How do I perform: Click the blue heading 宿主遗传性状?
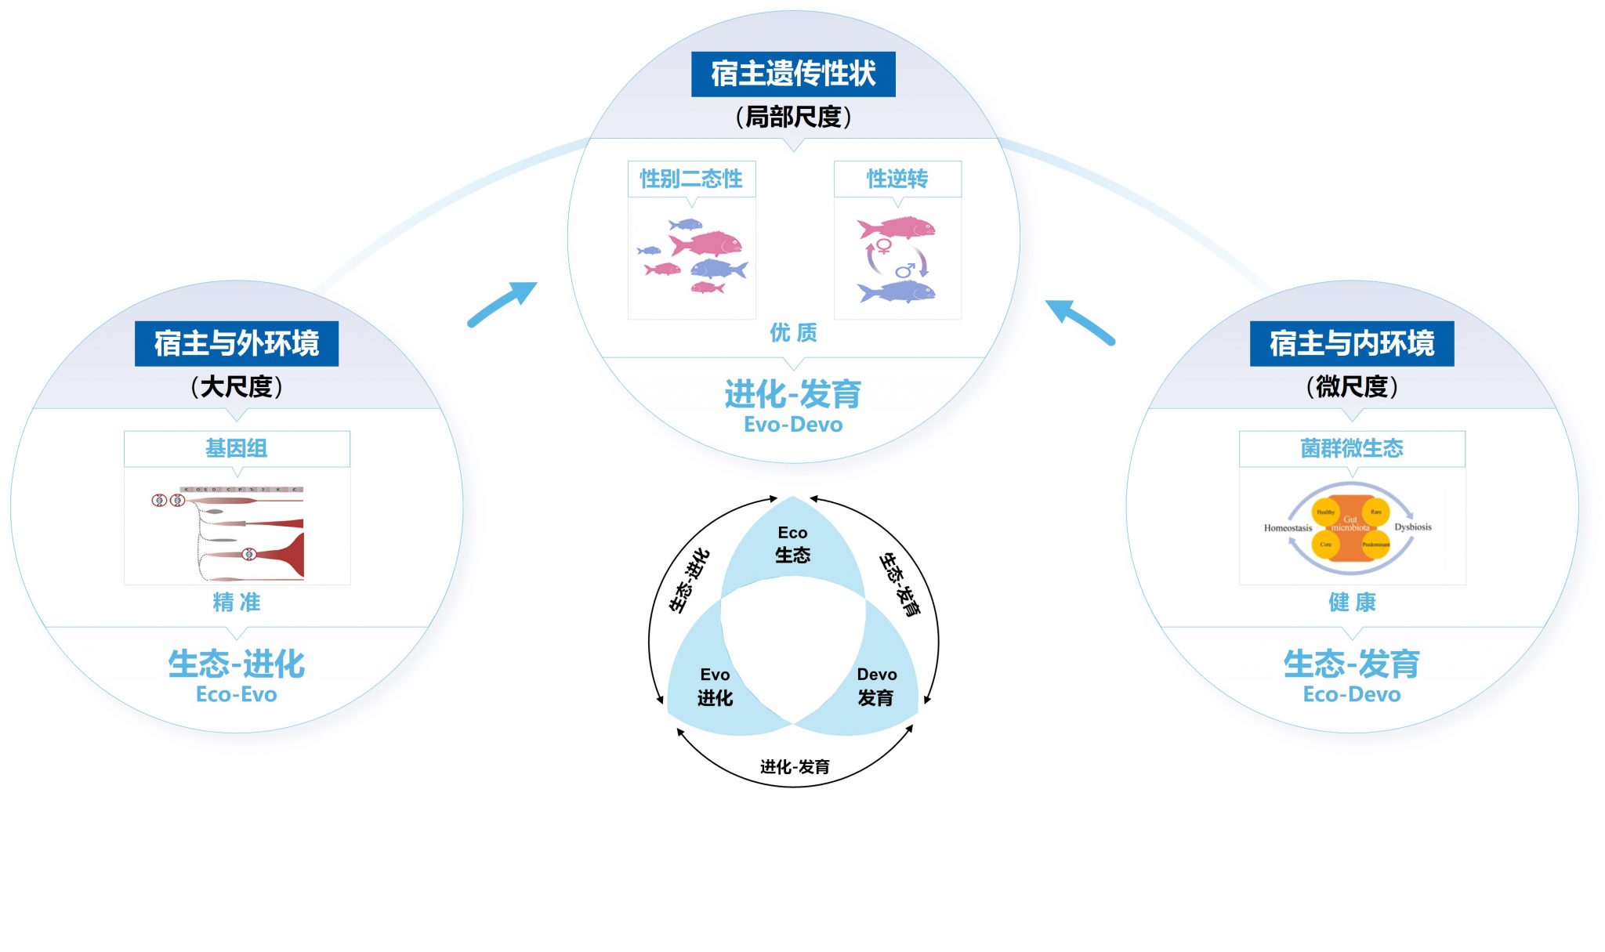793,74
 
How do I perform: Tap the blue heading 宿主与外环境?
237,343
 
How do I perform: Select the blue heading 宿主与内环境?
1352,343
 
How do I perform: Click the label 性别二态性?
691,179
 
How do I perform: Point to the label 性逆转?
897,179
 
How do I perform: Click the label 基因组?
237,448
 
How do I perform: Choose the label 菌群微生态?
1352,448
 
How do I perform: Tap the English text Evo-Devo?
793,425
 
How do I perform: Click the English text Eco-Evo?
237,694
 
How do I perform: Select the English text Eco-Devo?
1352,694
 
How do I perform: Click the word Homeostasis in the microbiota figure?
1288,528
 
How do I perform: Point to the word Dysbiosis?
1413,527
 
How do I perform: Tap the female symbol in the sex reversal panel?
884,246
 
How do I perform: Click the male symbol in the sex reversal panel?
905,270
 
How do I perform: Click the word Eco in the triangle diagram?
792,533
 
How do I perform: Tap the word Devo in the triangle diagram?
877,675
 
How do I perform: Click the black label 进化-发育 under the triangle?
795,766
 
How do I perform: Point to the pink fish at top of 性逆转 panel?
897,228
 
